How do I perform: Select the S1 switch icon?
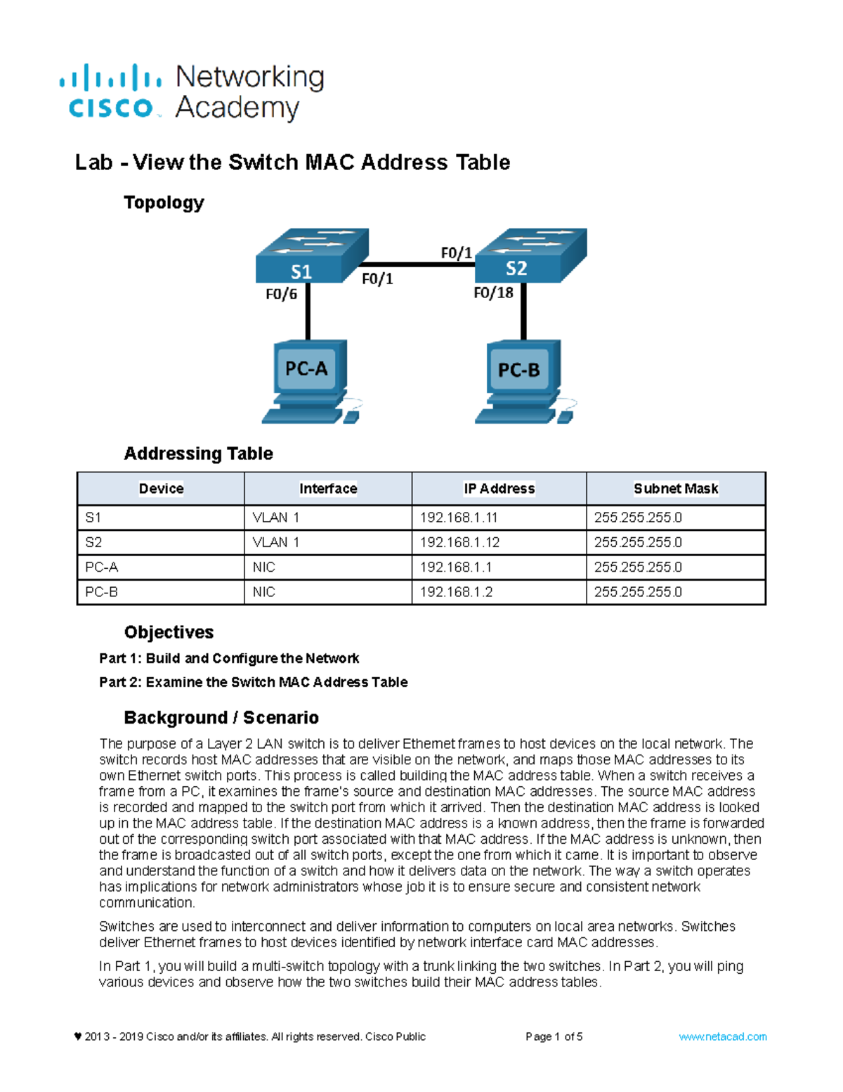click(x=311, y=256)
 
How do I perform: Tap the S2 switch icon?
click(x=530, y=256)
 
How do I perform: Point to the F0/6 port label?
click(x=281, y=294)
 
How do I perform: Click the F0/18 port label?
click(x=493, y=293)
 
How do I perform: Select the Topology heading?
click(x=164, y=203)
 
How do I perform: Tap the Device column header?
click(x=161, y=489)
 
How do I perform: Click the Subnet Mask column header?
click(x=676, y=489)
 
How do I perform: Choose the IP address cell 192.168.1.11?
click(x=459, y=518)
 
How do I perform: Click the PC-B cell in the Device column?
click(x=102, y=592)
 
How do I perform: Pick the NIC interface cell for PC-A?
click(x=264, y=567)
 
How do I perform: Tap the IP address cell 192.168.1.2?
click(x=456, y=592)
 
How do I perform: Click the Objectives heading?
click(x=169, y=632)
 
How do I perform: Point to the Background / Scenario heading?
click(x=221, y=717)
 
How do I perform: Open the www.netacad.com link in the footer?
click(x=722, y=1036)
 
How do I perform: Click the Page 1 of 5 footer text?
click(x=554, y=1036)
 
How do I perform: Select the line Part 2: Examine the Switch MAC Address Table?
click(x=253, y=682)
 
